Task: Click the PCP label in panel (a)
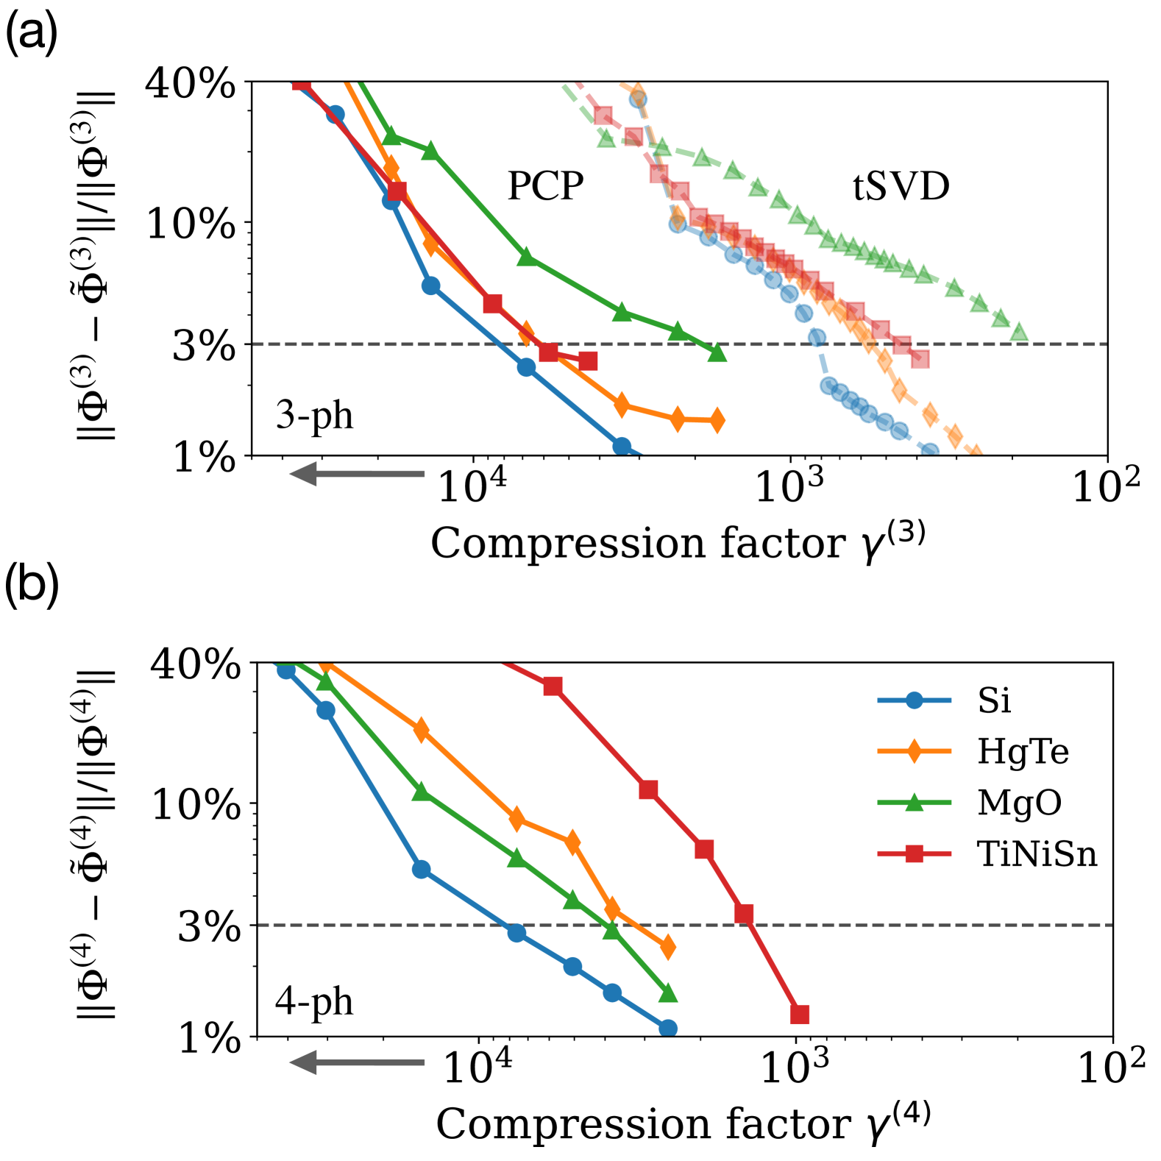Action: (545, 186)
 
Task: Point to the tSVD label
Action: (901, 186)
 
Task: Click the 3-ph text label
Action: (314, 416)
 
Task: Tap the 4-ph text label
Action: (314, 1002)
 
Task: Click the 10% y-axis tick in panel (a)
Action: (191, 224)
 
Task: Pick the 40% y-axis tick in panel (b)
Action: (195, 666)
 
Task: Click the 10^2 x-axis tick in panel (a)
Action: (1106, 486)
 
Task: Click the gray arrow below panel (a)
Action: (358, 474)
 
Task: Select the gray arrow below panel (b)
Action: (358, 1062)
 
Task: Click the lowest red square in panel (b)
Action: (800, 1015)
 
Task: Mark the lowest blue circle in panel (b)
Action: (667, 1029)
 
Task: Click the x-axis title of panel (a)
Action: (677, 544)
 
